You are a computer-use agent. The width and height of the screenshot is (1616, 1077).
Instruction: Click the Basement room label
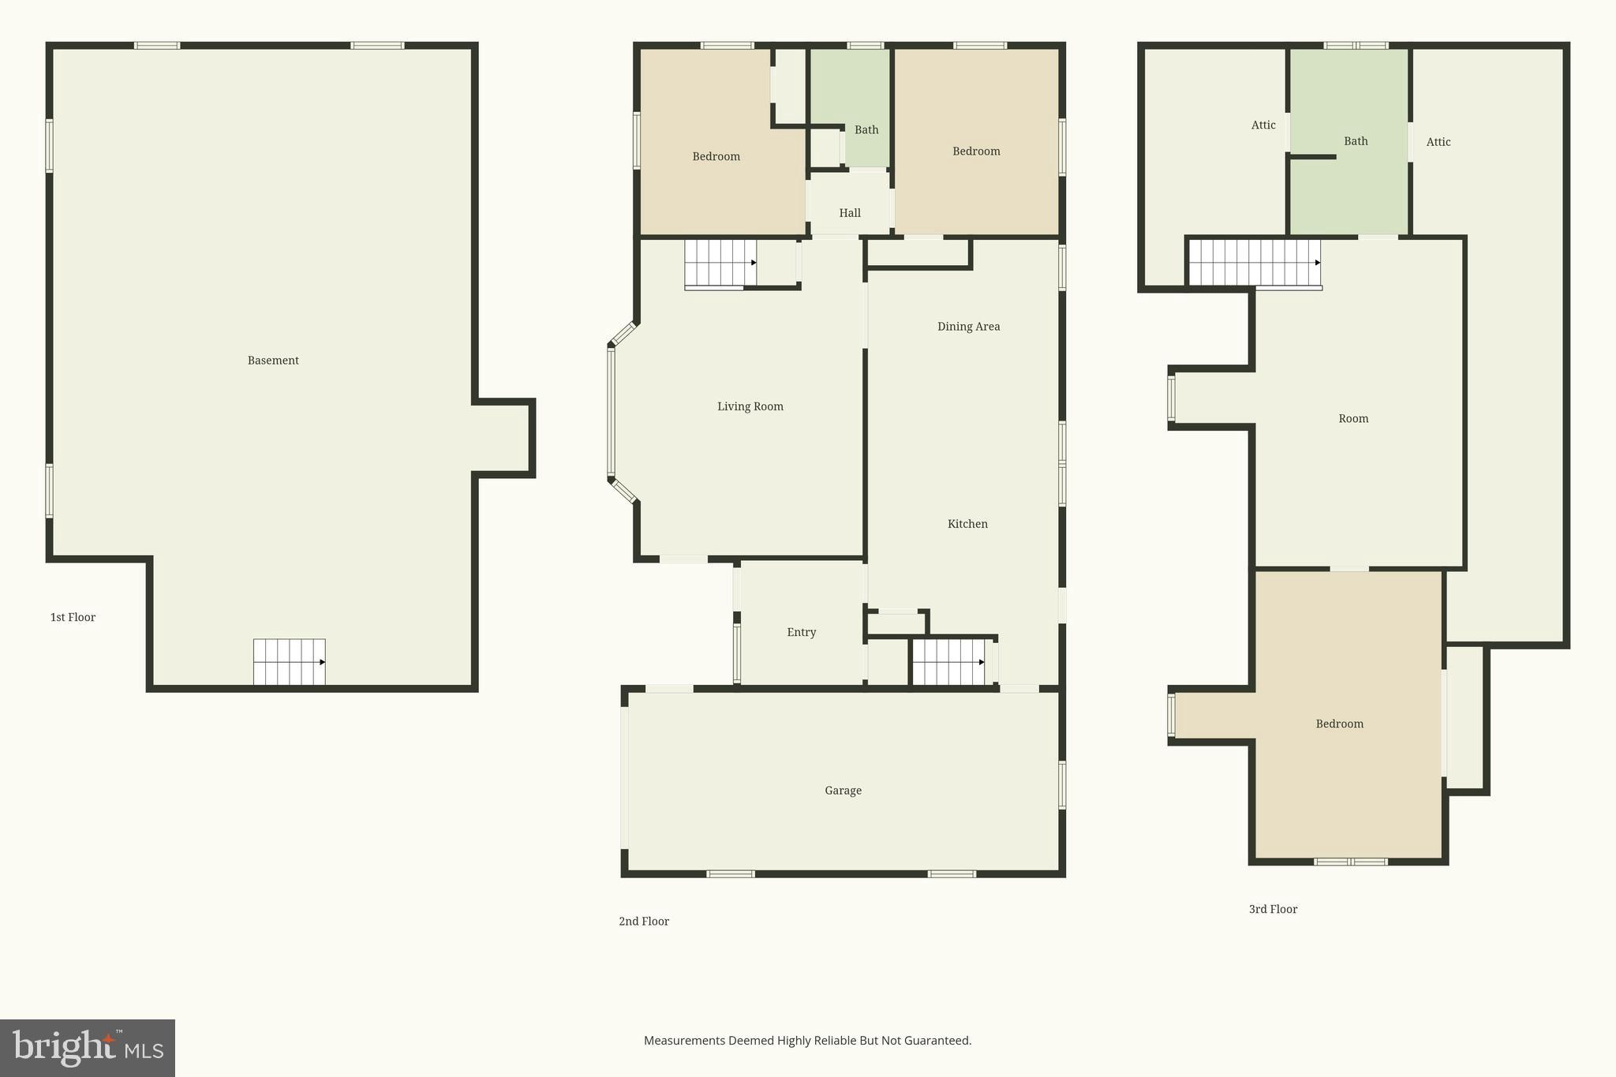point(273,361)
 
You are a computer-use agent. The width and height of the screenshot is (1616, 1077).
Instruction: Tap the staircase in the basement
point(289,662)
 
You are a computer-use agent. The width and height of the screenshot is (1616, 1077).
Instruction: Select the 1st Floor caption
point(73,617)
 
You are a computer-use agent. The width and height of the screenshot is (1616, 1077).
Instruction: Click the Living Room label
point(750,406)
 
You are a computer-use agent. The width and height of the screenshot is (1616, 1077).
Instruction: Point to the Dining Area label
point(968,327)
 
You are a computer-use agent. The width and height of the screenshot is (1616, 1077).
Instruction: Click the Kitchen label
point(967,524)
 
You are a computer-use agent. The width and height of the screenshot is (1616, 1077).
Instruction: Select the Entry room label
point(801,632)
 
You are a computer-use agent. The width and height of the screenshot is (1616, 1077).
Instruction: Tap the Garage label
point(843,791)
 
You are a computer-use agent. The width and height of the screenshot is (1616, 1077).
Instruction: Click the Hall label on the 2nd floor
point(850,213)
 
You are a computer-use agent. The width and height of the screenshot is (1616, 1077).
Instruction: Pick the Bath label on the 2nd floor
point(866,130)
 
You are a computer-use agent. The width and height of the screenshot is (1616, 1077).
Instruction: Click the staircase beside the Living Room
point(720,263)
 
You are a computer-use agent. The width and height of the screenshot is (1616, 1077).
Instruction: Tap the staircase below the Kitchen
point(948,662)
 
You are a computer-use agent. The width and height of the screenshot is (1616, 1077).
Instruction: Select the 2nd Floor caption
point(644,921)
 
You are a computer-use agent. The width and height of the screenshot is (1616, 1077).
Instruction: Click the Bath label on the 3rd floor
point(1356,141)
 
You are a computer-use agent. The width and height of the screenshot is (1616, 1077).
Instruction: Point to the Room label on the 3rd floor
point(1353,419)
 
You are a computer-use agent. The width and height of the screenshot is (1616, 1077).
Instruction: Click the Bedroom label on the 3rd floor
point(1339,724)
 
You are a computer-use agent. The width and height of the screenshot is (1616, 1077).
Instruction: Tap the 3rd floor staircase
point(1255,263)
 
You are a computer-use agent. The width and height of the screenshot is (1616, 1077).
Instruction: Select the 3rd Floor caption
point(1273,909)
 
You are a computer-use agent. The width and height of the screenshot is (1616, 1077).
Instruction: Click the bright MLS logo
point(88,1048)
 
